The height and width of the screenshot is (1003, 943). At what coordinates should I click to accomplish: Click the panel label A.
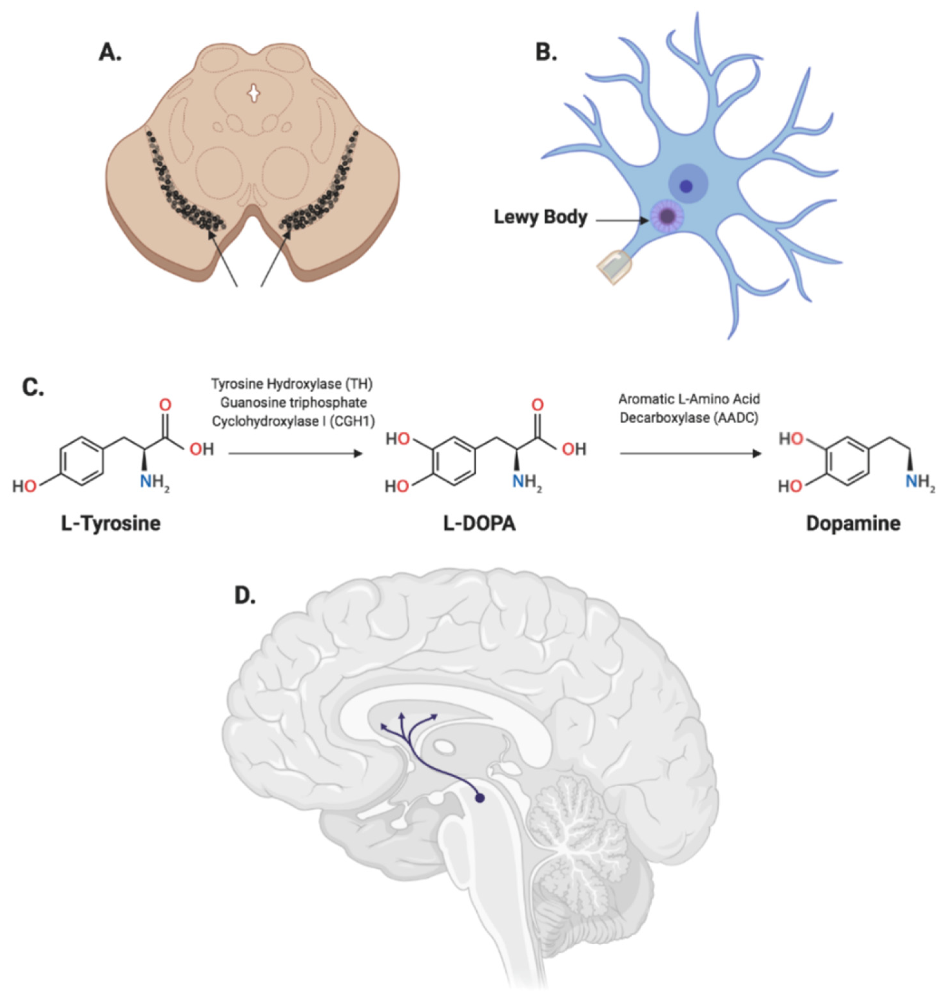pos(110,52)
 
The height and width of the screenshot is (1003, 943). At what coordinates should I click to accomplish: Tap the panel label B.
pos(546,52)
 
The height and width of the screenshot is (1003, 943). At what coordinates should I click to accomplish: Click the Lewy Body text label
pos(540,217)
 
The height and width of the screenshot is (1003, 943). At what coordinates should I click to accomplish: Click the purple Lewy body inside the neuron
pos(667,216)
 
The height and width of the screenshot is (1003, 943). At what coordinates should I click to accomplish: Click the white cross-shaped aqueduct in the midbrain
pos(254,93)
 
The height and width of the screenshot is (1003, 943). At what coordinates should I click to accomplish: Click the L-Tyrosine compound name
pos(111,523)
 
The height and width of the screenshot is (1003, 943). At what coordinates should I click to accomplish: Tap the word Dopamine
pos(853,523)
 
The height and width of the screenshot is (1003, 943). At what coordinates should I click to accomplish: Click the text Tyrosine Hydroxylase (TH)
pos(291,384)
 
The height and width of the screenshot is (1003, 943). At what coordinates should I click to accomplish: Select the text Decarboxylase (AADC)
pos(689,418)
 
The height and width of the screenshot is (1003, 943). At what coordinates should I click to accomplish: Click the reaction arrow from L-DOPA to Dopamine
pos(690,454)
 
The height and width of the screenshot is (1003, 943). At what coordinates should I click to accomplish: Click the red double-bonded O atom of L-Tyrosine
pos(165,405)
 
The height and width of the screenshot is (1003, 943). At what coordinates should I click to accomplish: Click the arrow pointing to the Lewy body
pos(621,220)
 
